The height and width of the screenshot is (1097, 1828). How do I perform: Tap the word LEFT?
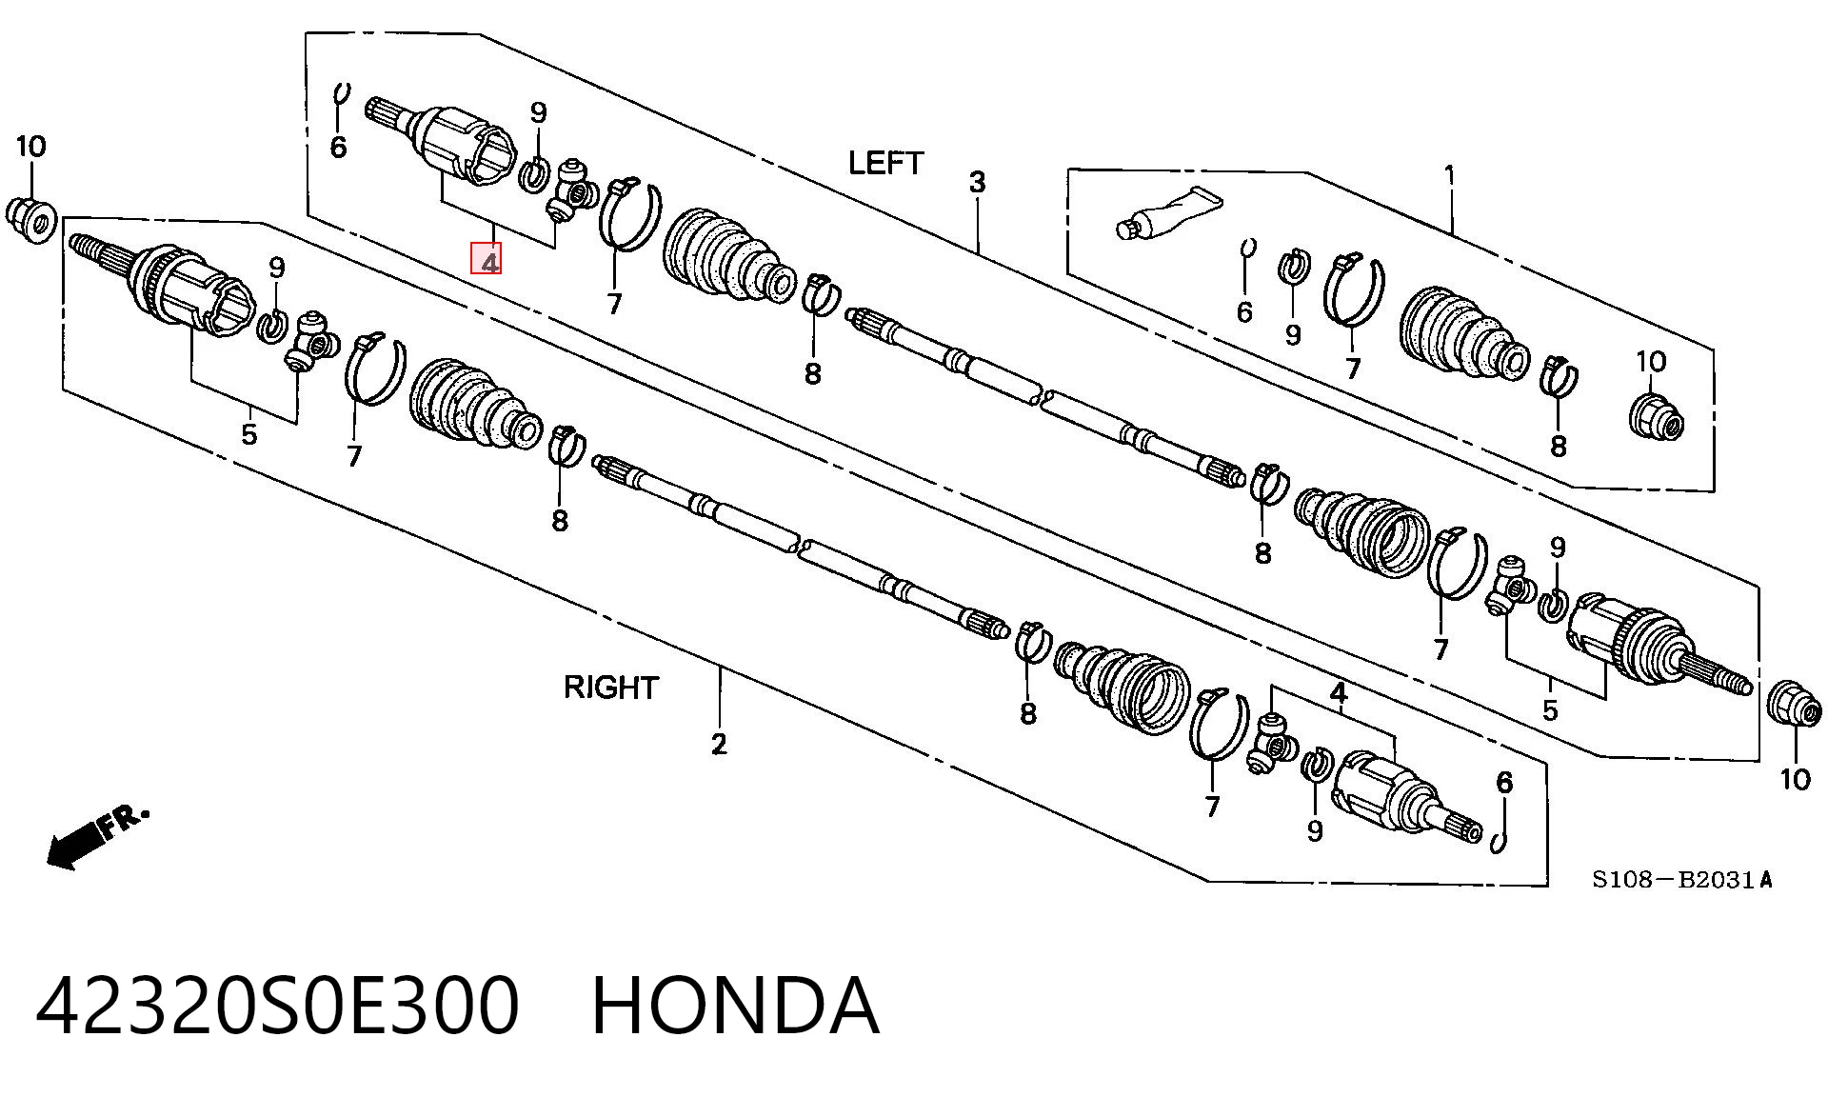(885, 163)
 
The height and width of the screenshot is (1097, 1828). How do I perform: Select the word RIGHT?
(611, 688)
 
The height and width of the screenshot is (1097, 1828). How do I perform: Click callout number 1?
(1450, 175)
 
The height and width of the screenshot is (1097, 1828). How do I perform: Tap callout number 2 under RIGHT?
(719, 744)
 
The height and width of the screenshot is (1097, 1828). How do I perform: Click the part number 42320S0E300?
(278, 1006)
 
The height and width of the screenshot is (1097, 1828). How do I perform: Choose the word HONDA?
(735, 1006)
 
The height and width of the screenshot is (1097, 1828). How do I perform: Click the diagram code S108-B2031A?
(1682, 880)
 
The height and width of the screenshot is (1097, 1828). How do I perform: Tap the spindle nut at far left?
(31, 220)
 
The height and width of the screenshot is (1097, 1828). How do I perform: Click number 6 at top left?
(338, 148)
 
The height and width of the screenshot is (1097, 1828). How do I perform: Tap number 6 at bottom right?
(1504, 783)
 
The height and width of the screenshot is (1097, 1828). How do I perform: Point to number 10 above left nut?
(30, 147)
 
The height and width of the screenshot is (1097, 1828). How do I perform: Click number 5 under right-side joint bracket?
(1550, 710)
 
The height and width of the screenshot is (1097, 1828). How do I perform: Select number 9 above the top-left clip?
(539, 113)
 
